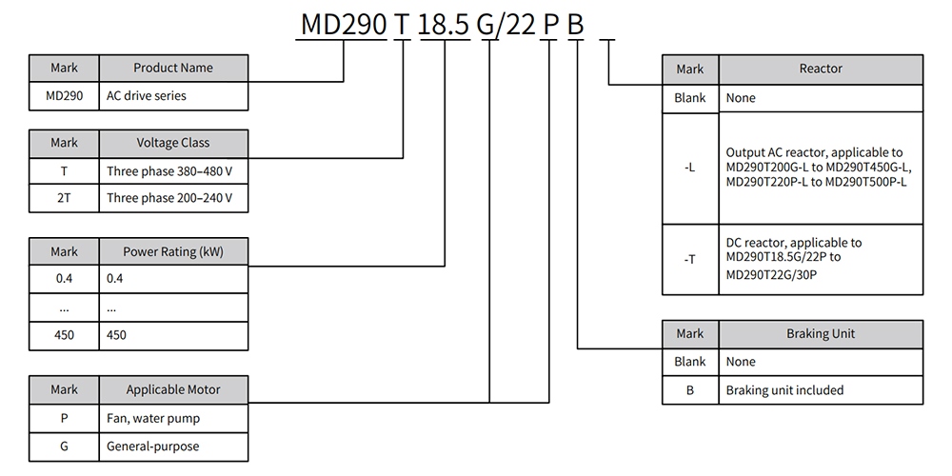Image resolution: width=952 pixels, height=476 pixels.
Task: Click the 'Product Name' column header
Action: point(173,68)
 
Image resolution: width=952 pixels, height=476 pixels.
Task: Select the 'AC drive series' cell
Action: point(173,96)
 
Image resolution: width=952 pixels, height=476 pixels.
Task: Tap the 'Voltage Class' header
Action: point(173,144)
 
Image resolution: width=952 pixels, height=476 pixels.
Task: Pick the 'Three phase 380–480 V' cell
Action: point(173,171)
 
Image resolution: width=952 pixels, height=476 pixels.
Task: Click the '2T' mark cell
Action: point(65,198)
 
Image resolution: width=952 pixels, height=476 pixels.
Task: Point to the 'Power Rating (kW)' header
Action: point(173,251)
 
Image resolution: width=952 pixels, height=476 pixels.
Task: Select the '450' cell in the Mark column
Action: point(65,335)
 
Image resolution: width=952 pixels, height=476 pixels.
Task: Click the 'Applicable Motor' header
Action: point(173,389)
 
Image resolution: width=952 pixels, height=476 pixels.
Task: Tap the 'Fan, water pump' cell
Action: point(173,418)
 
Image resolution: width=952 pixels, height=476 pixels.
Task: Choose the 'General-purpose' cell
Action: point(173,446)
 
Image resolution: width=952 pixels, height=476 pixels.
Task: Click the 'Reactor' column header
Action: point(821,69)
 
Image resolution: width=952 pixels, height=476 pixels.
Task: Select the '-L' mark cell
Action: point(690,168)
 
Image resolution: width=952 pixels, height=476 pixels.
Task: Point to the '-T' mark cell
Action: point(690,259)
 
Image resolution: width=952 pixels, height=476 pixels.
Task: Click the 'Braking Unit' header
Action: point(821,334)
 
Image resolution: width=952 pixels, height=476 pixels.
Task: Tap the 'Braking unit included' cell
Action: point(821,389)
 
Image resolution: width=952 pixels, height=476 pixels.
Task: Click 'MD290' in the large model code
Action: point(344,26)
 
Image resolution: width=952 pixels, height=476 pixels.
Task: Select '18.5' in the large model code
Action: point(445,26)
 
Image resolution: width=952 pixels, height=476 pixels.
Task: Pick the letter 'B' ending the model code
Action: point(575,26)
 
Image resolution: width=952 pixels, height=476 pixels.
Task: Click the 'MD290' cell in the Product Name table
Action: point(65,96)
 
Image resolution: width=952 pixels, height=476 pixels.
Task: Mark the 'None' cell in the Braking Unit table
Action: point(821,362)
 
